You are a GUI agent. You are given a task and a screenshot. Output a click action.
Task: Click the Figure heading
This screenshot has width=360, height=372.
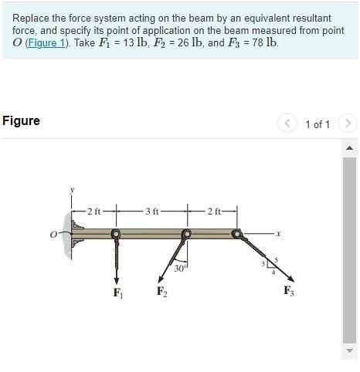[x=22, y=120]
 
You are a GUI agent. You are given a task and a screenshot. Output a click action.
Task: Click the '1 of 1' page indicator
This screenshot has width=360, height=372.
[x=318, y=123]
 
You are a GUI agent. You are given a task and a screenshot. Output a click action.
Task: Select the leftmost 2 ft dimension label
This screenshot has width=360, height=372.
[x=93, y=210]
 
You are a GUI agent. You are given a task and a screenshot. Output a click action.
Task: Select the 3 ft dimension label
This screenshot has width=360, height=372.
[x=151, y=210]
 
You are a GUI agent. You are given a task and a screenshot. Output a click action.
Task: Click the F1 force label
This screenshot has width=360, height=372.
[x=117, y=293]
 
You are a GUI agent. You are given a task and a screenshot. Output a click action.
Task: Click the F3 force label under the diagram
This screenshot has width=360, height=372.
[x=288, y=291]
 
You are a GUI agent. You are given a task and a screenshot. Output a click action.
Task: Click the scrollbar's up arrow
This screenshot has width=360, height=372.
[x=349, y=147]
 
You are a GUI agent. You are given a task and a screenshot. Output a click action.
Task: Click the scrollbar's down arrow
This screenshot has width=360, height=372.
[x=349, y=352]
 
